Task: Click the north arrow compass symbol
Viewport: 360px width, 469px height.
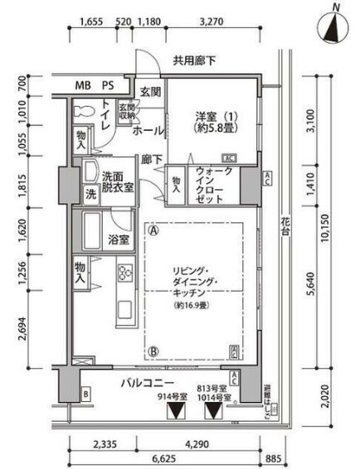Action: click(334, 25)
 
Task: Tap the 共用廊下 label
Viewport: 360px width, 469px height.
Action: click(195, 60)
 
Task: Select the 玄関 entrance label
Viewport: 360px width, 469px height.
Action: click(150, 91)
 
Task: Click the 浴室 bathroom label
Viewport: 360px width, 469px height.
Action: click(118, 241)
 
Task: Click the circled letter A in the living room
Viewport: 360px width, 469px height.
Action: click(153, 231)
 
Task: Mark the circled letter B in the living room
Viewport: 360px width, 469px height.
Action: click(153, 351)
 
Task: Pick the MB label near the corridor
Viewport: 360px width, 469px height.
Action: click(83, 85)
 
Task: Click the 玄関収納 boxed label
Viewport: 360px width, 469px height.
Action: click(126, 111)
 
